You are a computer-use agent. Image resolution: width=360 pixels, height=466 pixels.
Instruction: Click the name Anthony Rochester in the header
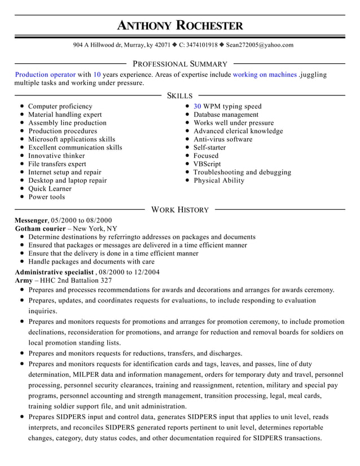[x=180, y=25]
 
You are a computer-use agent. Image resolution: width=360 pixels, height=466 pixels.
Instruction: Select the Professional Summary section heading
[x=179, y=64]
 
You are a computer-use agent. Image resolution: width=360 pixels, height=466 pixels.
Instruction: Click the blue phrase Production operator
[x=45, y=74]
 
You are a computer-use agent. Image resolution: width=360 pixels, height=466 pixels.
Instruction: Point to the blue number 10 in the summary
[x=97, y=74]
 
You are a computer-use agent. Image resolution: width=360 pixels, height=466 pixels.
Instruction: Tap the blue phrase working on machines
[x=265, y=74]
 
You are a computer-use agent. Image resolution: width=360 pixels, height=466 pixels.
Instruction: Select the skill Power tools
[x=46, y=197]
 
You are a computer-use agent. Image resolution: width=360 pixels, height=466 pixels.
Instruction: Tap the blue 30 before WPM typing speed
[x=197, y=106]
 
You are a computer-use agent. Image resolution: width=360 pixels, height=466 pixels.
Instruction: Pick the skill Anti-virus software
[x=223, y=139]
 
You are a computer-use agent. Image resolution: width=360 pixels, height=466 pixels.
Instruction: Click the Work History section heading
[x=180, y=210]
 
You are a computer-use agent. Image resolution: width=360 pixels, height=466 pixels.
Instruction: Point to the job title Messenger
[x=31, y=221]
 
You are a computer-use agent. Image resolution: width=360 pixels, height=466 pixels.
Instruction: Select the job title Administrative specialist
[x=54, y=272]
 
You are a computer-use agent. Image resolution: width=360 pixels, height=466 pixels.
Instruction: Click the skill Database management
[x=226, y=115]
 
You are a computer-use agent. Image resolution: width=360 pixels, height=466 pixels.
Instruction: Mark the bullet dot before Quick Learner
[x=21, y=189]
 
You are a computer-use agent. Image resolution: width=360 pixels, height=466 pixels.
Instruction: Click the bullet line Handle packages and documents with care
[x=91, y=262]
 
